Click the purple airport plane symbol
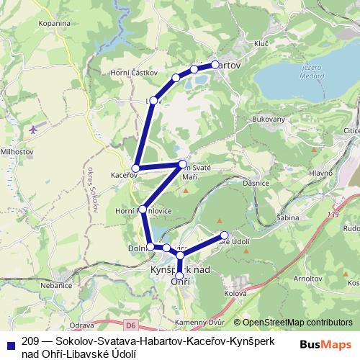[x=34, y=130]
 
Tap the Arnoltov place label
[x=304, y=277]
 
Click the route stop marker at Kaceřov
[x=135, y=168]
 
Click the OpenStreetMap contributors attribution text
[x=297, y=323]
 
